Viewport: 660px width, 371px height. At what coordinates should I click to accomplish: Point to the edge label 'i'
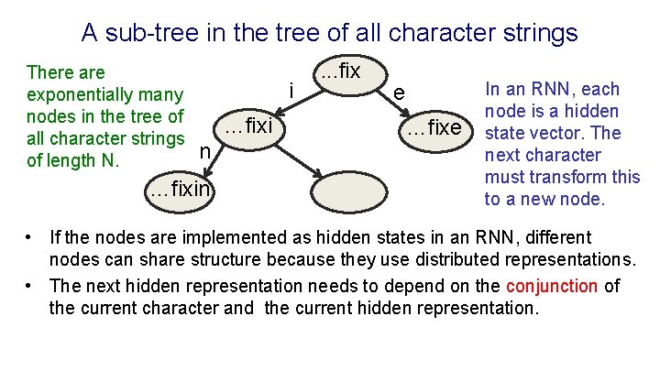291,91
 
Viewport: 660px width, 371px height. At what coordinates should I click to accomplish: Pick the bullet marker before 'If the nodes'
30,238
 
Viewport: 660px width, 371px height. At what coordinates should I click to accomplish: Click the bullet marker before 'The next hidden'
30,287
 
